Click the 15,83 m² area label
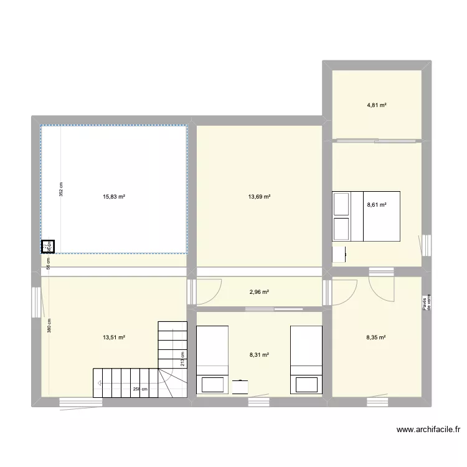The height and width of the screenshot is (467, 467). pyautogui.click(x=114, y=197)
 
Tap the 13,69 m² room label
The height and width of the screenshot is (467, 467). pyautogui.click(x=259, y=197)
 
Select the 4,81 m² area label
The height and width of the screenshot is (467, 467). pyautogui.click(x=377, y=105)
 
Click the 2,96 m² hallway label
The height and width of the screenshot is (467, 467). pyautogui.click(x=259, y=291)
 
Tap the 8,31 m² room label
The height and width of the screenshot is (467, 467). pyautogui.click(x=259, y=355)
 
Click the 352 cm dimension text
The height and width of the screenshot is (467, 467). pyautogui.click(x=61, y=189)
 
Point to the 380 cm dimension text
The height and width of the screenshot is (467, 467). pyautogui.click(x=49, y=326)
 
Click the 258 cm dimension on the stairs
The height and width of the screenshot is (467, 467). pyautogui.click(x=139, y=390)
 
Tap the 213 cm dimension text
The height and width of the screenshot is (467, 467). pyautogui.click(x=181, y=361)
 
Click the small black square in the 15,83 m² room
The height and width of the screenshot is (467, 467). pyautogui.click(x=48, y=247)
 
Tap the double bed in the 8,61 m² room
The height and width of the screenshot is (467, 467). pyautogui.click(x=366, y=216)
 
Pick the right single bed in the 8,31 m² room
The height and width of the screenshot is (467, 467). pyautogui.click(x=306, y=361)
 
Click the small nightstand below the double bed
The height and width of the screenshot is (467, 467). pyautogui.click(x=339, y=255)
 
